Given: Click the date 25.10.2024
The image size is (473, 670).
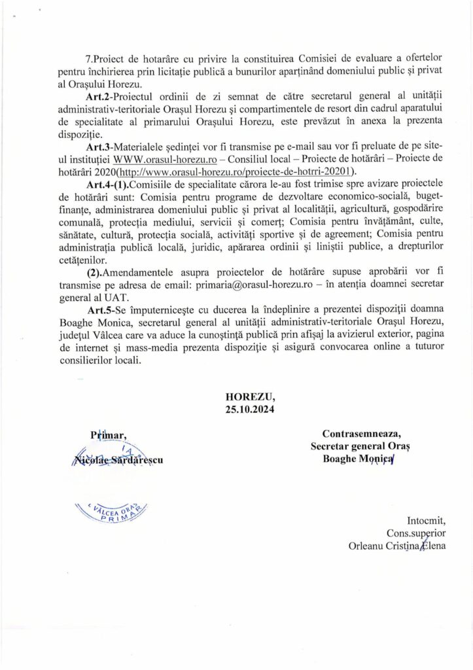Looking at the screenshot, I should [x=251, y=410].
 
